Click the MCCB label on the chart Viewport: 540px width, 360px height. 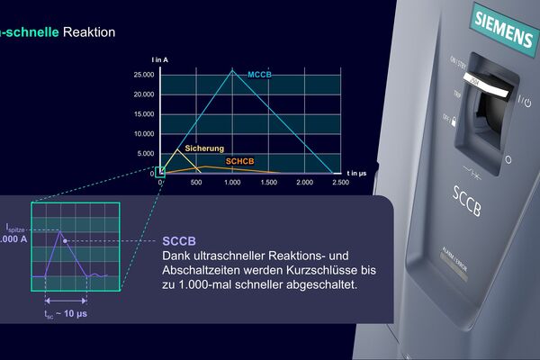point(259,73)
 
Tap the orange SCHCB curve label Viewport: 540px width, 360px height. point(240,160)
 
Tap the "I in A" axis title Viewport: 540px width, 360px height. point(160,59)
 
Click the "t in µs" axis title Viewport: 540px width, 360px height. point(357,171)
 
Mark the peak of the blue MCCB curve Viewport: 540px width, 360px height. point(233,71)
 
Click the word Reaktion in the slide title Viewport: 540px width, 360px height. point(89,32)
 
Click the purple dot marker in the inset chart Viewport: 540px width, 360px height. point(66,241)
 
